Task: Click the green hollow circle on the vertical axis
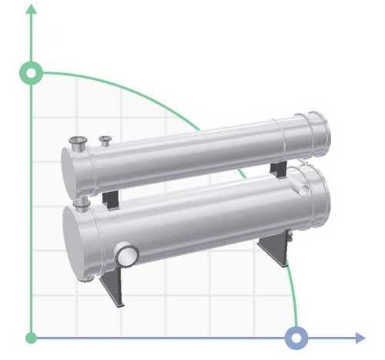[32, 73]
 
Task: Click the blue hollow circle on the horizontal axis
[296, 338]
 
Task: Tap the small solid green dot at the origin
[32, 338]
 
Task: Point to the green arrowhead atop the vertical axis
[32, 10]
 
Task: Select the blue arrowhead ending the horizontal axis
[359, 338]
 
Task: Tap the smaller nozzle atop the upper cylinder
[105, 140]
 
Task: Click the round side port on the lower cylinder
[126, 252]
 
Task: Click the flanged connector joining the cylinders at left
[79, 203]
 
